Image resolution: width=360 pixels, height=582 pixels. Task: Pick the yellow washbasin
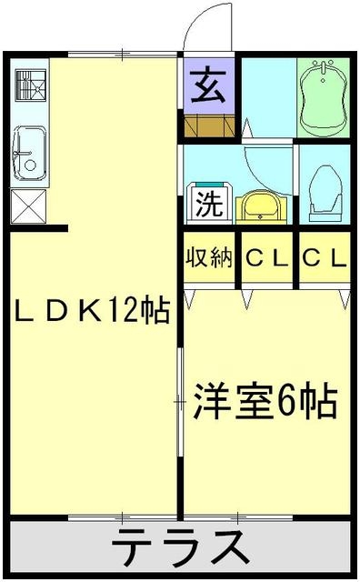(x=259, y=206)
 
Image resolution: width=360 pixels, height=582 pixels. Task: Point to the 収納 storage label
(x=210, y=258)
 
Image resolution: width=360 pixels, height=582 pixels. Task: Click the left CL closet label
(x=266, y=258)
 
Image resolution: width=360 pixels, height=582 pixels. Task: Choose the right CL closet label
(x=325, y=258)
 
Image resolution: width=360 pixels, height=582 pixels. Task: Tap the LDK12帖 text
(x=92, y=311)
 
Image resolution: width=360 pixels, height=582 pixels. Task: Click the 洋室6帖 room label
(x=265, y=399)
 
